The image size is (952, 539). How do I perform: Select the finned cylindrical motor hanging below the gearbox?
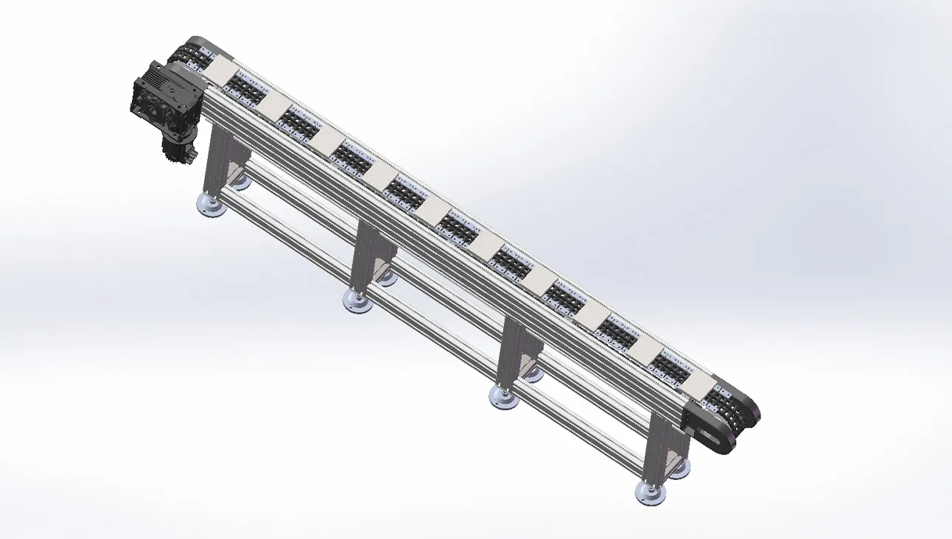[179, 148]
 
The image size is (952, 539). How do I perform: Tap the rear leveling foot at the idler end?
[679, 468]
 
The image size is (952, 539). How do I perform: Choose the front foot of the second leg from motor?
[357, 300]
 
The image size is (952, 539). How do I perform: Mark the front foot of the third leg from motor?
[504, 397]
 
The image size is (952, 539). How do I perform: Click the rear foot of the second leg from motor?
[386, 278]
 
